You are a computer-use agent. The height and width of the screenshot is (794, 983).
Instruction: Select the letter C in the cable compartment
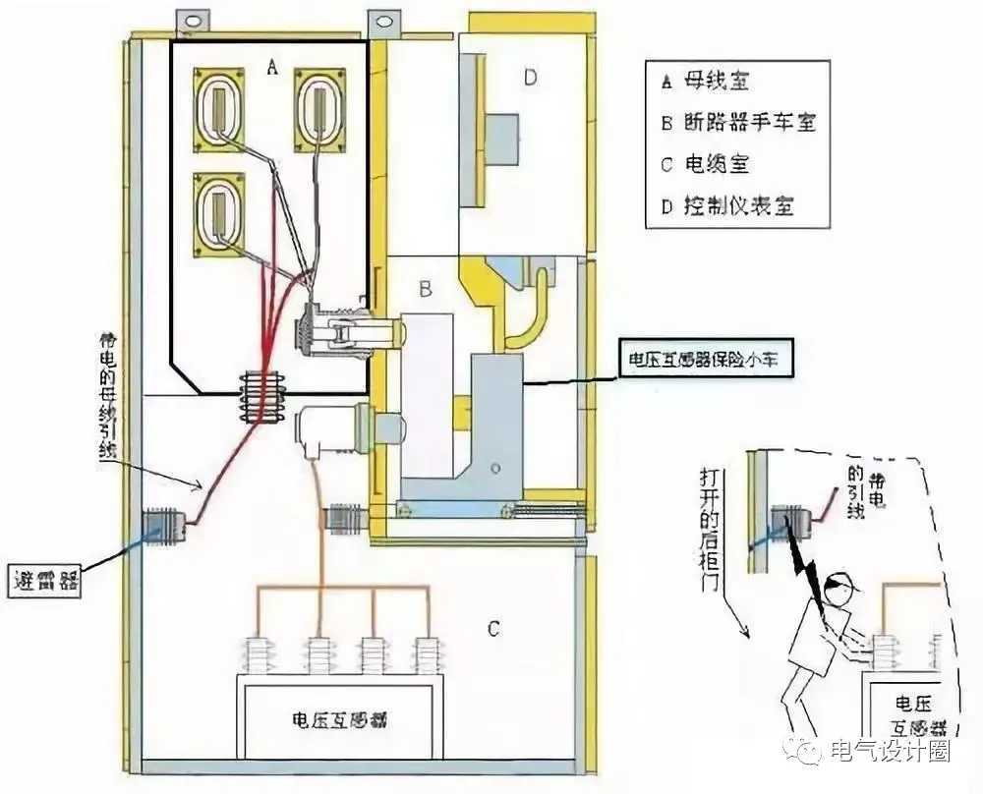click(493, 626)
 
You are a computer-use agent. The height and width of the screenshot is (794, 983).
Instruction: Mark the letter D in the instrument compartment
click(530, 78)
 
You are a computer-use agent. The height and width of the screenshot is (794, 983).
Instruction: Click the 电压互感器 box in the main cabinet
click(337, 718)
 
